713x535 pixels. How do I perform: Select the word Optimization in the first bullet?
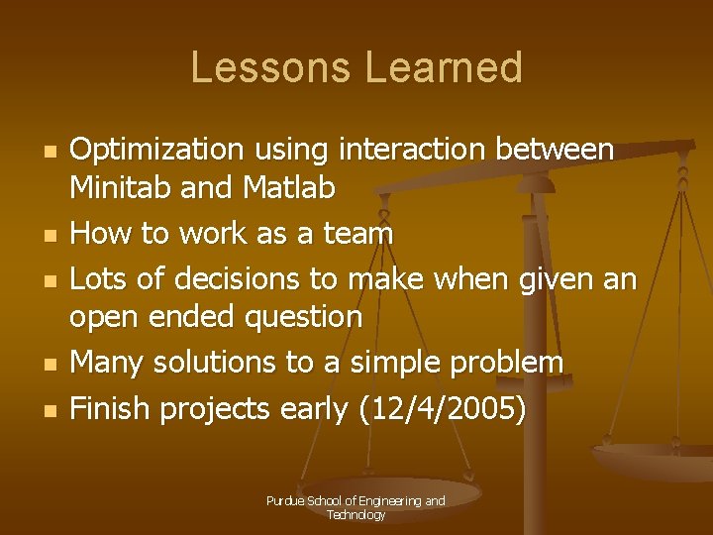pos(157,151)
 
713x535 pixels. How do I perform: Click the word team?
pos(358,234)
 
